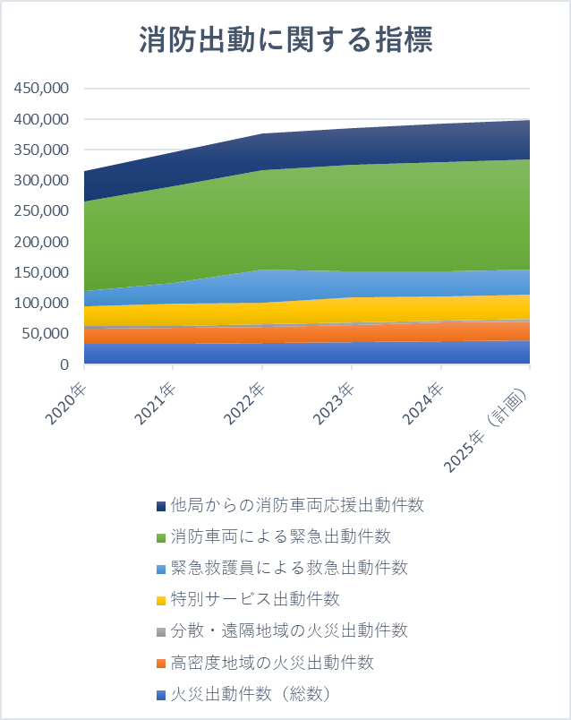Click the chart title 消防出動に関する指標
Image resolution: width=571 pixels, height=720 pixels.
[285, 41]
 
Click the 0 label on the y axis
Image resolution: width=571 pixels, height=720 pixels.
[64, 364]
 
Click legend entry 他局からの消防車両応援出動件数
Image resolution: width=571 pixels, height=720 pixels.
[296, 505]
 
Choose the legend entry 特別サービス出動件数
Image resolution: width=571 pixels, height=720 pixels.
[255, 599]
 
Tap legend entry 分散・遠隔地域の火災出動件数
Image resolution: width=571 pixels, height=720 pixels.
[288, 630]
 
